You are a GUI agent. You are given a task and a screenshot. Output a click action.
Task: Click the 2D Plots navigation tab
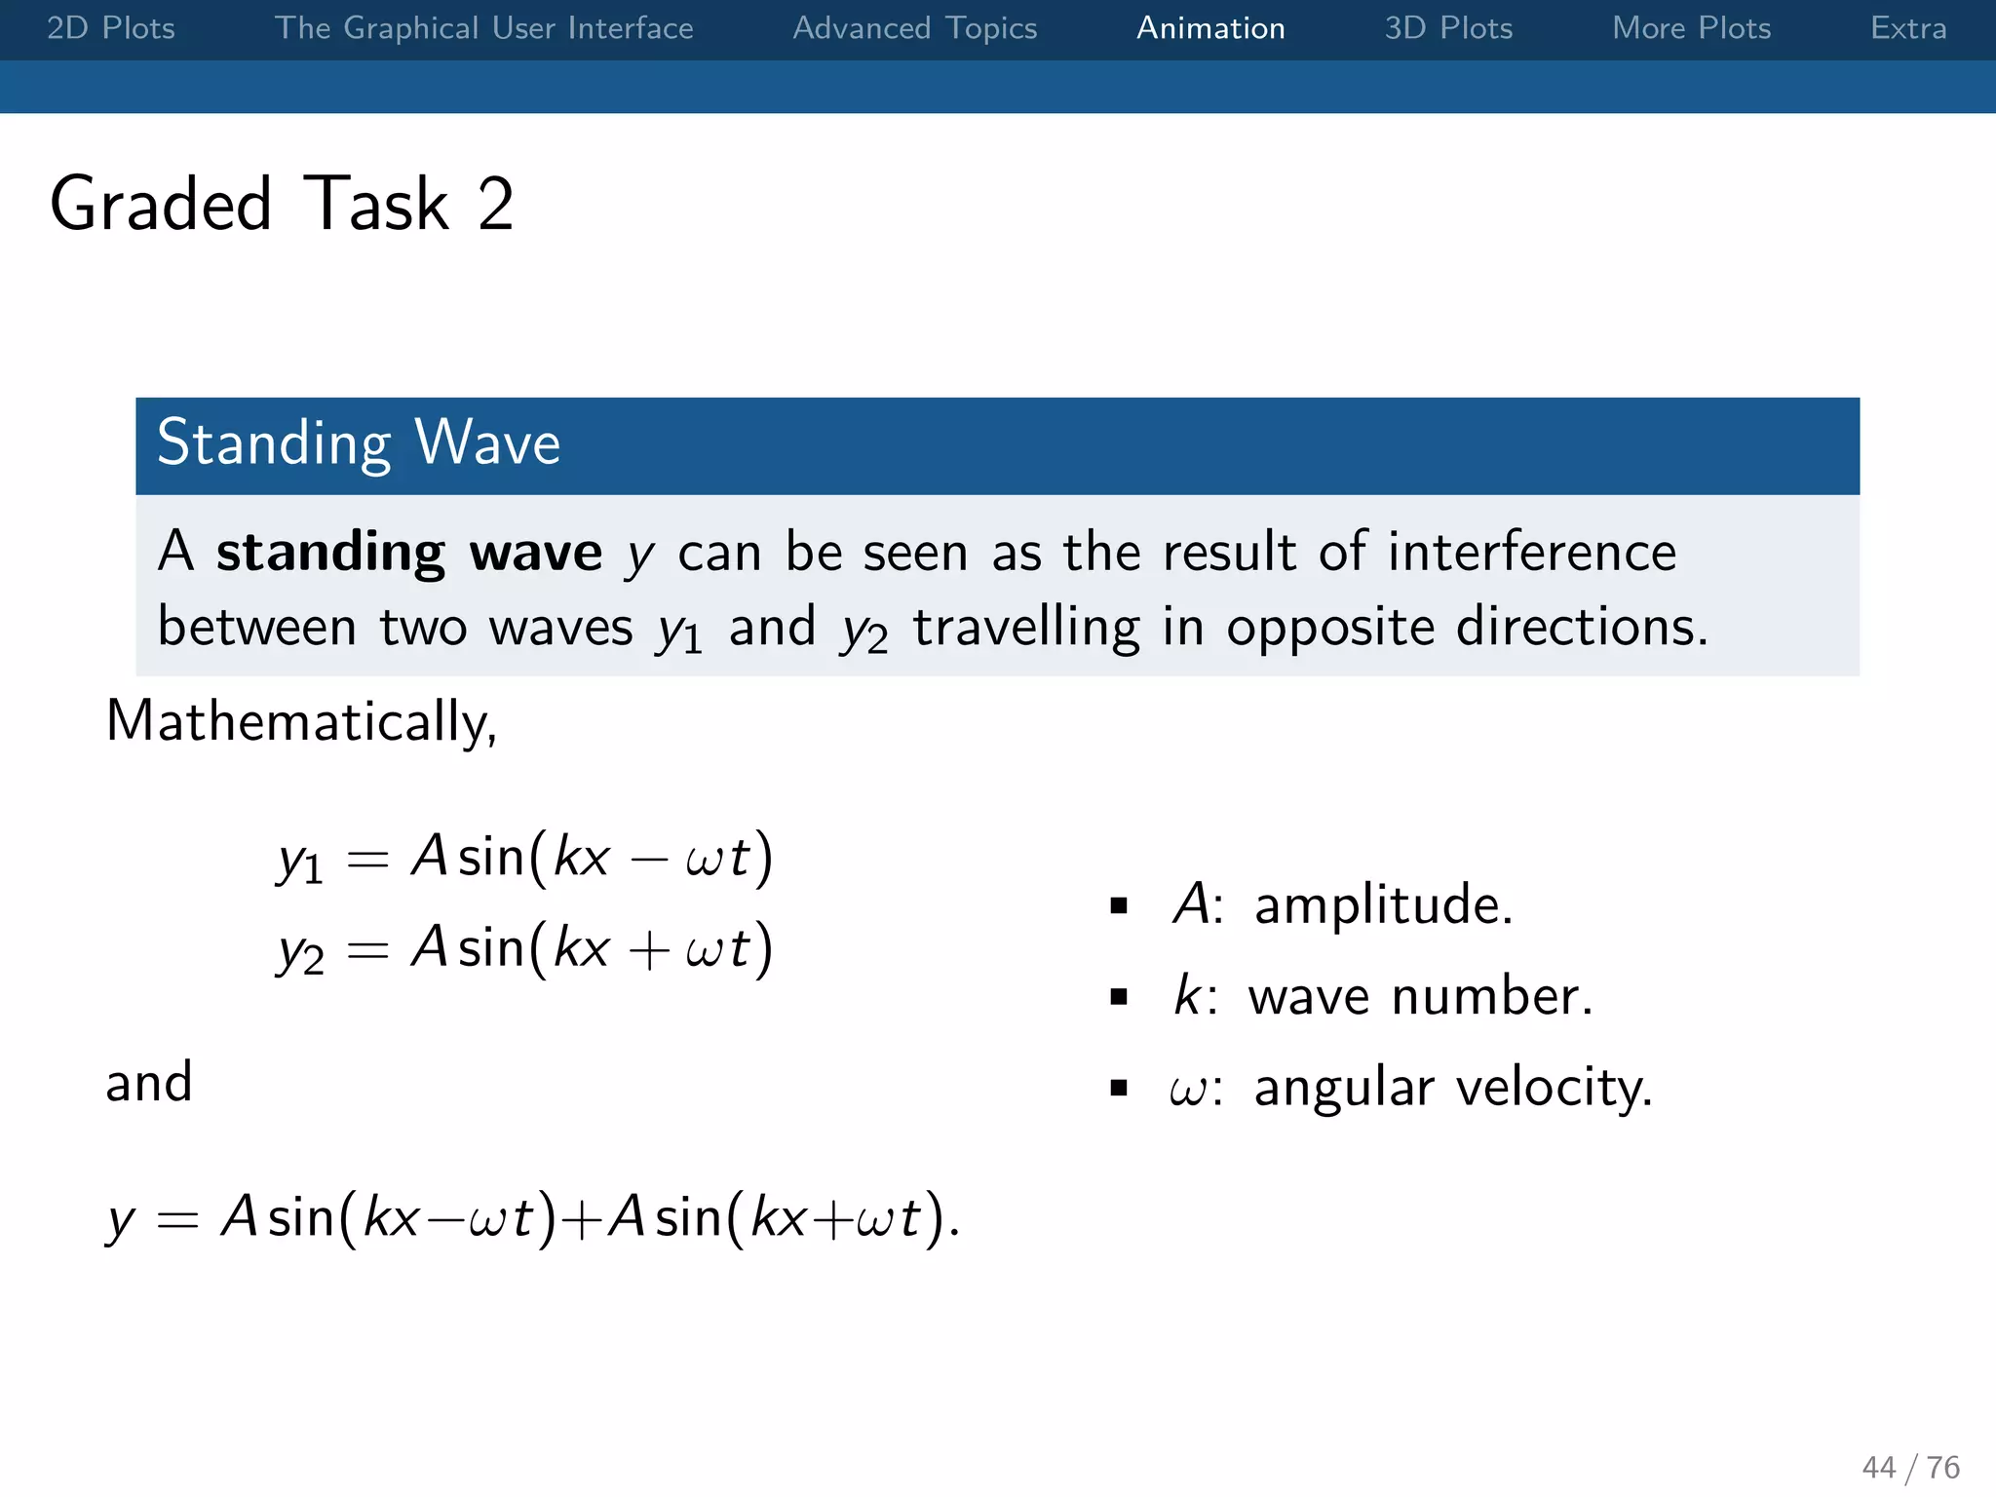111,28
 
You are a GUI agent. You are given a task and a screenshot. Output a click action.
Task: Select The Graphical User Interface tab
483,28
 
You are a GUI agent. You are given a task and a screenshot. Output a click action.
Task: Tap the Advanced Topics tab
914,28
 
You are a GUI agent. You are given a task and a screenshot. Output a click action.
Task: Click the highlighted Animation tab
1210,28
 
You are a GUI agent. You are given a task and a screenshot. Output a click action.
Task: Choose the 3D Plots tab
1448,28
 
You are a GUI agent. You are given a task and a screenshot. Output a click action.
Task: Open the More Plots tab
1691,28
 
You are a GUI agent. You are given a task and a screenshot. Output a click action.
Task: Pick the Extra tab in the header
1907,28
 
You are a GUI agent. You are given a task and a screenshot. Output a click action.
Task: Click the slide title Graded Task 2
282,204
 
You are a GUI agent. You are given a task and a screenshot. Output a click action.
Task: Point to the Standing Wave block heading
359,443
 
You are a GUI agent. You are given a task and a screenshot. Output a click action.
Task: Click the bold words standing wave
409,553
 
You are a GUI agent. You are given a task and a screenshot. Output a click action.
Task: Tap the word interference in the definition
1531,552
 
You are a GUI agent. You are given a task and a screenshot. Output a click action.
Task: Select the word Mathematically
301,722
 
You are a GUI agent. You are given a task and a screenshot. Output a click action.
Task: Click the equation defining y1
525,859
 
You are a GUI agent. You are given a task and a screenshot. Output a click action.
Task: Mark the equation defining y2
525,949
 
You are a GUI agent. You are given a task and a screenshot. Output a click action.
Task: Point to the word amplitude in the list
1383,905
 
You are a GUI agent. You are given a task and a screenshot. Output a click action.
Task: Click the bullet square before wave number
1119,997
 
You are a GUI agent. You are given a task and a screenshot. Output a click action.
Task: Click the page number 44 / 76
1910,1467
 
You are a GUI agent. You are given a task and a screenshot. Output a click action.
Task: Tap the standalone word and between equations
149,1082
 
